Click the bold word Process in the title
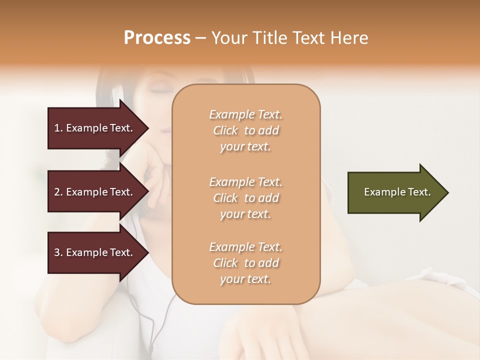pyautogui.click(x=157, y=38)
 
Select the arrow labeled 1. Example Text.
pyautogui.click(x=95, y=128)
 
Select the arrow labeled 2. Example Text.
pyautogui.click(x=95, y=192)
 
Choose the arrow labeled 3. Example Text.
pyautogui.click(x=95, y=252)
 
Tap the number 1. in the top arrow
pyautogui.click(x=58, y=128)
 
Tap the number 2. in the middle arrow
pyautogui.click(x=58, y=192)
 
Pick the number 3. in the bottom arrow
pyautogui.click(x=58, y=252)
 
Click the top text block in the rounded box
pyautogui.click(x=246, y=130)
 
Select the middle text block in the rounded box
pyautogui.click(x=246, y=198)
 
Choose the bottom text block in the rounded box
pyautogui.click(x=246, y=263)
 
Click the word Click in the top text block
pyautogui.click(x=225, y=131)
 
